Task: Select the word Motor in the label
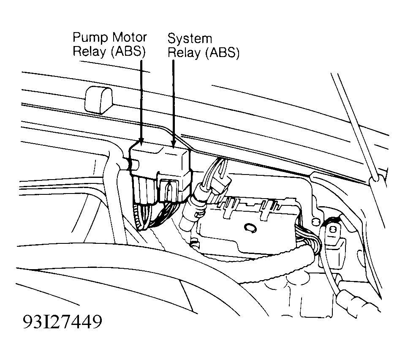(x=129, y=37)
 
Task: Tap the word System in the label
(x=190, y=39)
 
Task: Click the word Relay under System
(x=184, y=52)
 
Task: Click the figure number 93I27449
(x=63, y=322)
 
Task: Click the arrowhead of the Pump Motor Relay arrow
(x=141, y=140)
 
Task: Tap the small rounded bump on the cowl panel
(x=99, y=100)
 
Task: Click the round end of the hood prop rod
(x=375, y=178)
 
